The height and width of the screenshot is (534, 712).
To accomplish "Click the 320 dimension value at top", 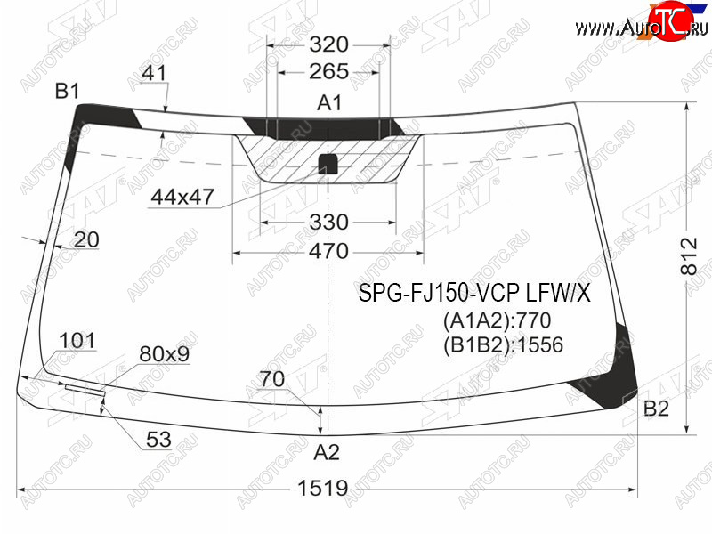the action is click(328, 44).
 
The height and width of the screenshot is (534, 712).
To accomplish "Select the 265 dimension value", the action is click(328, 71).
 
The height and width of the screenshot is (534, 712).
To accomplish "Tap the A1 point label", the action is click(328, 103).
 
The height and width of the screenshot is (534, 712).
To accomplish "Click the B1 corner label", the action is click(67, 92).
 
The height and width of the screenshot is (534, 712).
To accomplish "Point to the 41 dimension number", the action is click(154, 73).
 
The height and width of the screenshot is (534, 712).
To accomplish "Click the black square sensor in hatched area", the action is click(328, 164).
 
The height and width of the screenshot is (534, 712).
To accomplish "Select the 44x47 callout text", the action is click(182, 197).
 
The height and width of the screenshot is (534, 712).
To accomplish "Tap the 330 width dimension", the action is click(328, 222).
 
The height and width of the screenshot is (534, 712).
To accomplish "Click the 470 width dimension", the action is click(328, 251).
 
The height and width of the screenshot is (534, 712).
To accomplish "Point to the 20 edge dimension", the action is click(86, 239).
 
